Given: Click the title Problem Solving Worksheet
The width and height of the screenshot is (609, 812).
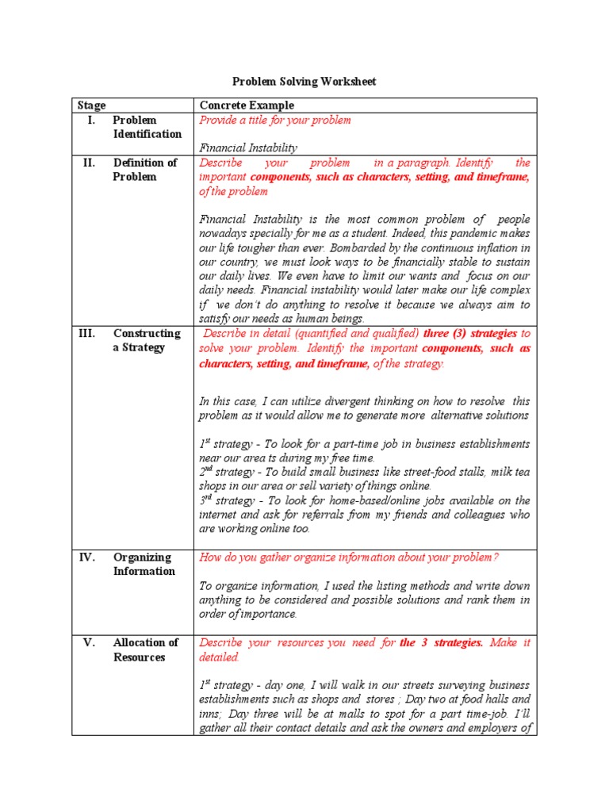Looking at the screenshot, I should (x=304, y=82).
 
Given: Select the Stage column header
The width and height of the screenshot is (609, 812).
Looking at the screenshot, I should (x=91, y=105).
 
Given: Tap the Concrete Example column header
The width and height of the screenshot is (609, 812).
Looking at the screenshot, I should (x=247, y=105).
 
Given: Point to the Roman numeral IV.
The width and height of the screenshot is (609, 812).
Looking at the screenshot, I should (x=87, y=557).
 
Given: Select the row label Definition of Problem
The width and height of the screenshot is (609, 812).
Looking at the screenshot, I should (x=145, y=170).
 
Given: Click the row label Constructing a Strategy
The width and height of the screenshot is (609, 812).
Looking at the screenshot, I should (x=147, y=341).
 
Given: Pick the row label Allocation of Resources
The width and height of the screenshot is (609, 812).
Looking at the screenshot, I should (x=146, y=650).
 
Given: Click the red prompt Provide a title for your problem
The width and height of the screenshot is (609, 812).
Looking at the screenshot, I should (x=275, y=121).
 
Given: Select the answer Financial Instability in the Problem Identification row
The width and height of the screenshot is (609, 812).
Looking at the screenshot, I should (x=248, y=148).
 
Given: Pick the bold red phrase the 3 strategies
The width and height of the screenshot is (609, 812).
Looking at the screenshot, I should (x=441, y=643).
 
